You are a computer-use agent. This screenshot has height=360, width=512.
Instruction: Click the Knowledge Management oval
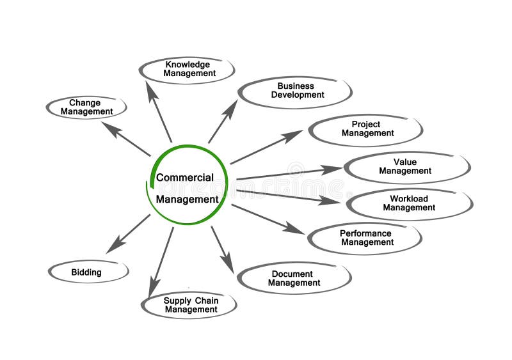tap(187, 70)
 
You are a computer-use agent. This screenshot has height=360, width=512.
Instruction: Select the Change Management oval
tap(86, 107)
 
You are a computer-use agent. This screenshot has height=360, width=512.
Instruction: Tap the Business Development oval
tap(295, 91)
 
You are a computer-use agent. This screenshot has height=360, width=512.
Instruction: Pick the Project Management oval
tap(365, 130)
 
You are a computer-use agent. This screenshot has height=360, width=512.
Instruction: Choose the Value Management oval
tap(407, 168)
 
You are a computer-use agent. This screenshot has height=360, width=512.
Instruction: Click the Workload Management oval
tap(410, 204)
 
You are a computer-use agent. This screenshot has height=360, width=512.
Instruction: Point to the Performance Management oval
tap(365, 239)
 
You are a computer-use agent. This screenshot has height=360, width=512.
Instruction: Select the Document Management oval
tap(294, 278)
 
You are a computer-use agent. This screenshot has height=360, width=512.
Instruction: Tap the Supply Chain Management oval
tap(189, 305)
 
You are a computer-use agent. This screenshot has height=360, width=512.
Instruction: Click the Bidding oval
tap(88, 272)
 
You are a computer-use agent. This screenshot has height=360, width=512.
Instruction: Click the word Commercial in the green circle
tap(185, 178)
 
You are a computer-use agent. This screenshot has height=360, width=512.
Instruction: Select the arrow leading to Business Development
tap(222, 121)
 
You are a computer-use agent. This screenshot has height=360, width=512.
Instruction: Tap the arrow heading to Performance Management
tap(267, 219)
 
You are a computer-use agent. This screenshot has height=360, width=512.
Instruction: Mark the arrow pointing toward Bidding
tap(128, 233)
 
